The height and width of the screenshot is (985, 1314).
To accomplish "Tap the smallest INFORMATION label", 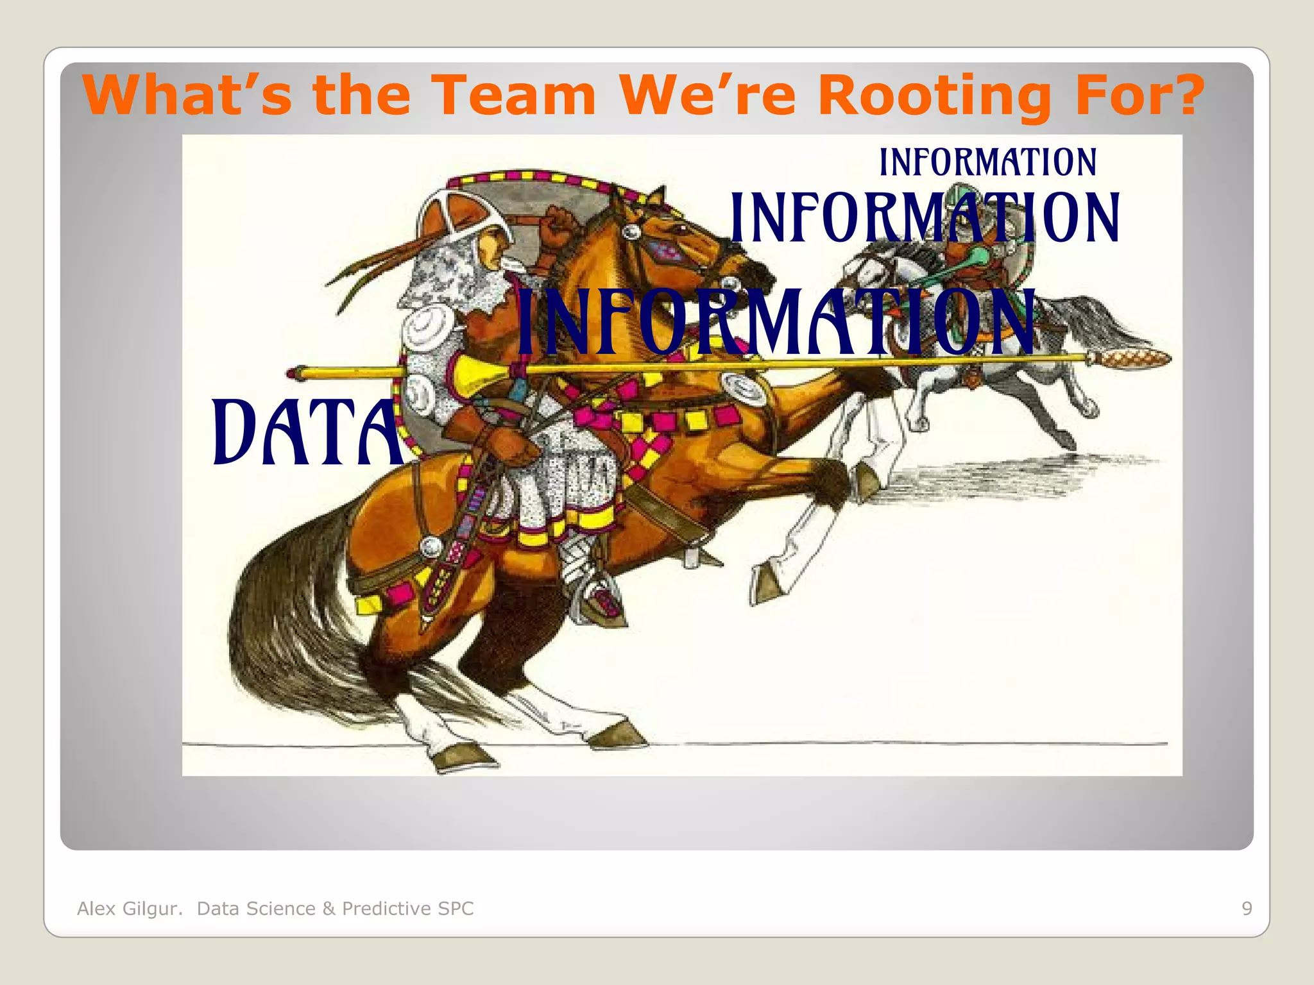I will click(987, 162).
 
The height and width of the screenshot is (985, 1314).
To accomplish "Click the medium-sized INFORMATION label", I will click(925, 218).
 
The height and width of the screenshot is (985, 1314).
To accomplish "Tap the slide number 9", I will click(1247, 908).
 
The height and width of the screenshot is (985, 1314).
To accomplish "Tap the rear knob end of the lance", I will click(296, 373).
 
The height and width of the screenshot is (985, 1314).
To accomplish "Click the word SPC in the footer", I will click(456, 908).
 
